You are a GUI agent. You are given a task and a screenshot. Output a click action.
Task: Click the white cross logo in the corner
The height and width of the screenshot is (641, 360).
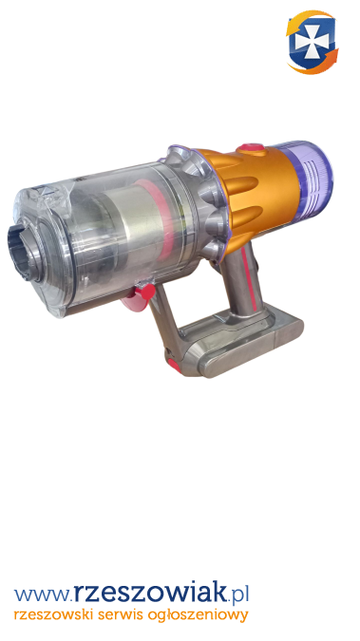coord(313,43)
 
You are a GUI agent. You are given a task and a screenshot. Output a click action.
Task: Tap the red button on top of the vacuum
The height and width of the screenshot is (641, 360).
coord(252,149)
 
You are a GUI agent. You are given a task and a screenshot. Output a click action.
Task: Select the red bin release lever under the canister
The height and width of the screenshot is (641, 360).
coord(141,294)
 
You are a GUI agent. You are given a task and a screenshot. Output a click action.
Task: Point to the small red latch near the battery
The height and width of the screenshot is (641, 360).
coord(173,364)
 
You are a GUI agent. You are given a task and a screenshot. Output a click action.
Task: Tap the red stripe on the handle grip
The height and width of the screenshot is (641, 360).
coord(250,278)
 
